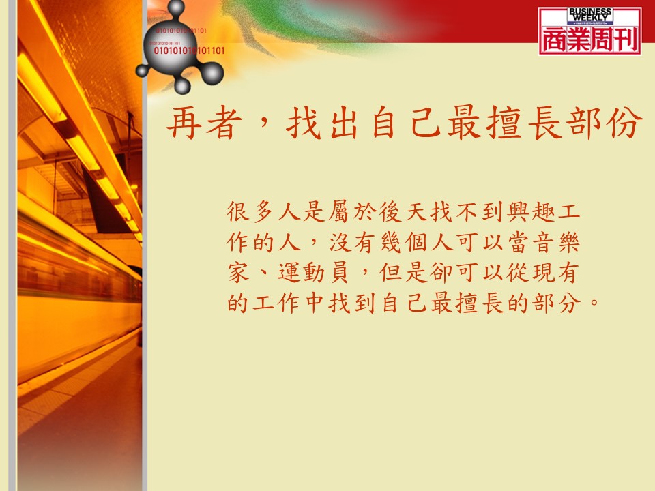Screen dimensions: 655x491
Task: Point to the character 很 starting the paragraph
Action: [238, 211]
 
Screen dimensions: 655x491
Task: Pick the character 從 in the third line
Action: [518, 272]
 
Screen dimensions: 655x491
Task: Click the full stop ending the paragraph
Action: [595, 301]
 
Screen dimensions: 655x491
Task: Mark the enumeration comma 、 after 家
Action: [261, 275]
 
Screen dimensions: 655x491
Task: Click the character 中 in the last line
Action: [315, 303]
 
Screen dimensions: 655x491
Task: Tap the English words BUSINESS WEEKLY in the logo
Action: [589, 15]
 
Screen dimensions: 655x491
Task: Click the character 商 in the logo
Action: [555, 40]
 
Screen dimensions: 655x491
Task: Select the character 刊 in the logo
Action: [626, 40]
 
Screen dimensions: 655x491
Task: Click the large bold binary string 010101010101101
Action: [189, 51]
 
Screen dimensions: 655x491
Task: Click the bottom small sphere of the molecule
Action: [182, 87]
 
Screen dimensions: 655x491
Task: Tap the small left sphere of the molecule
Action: [143, 70]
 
